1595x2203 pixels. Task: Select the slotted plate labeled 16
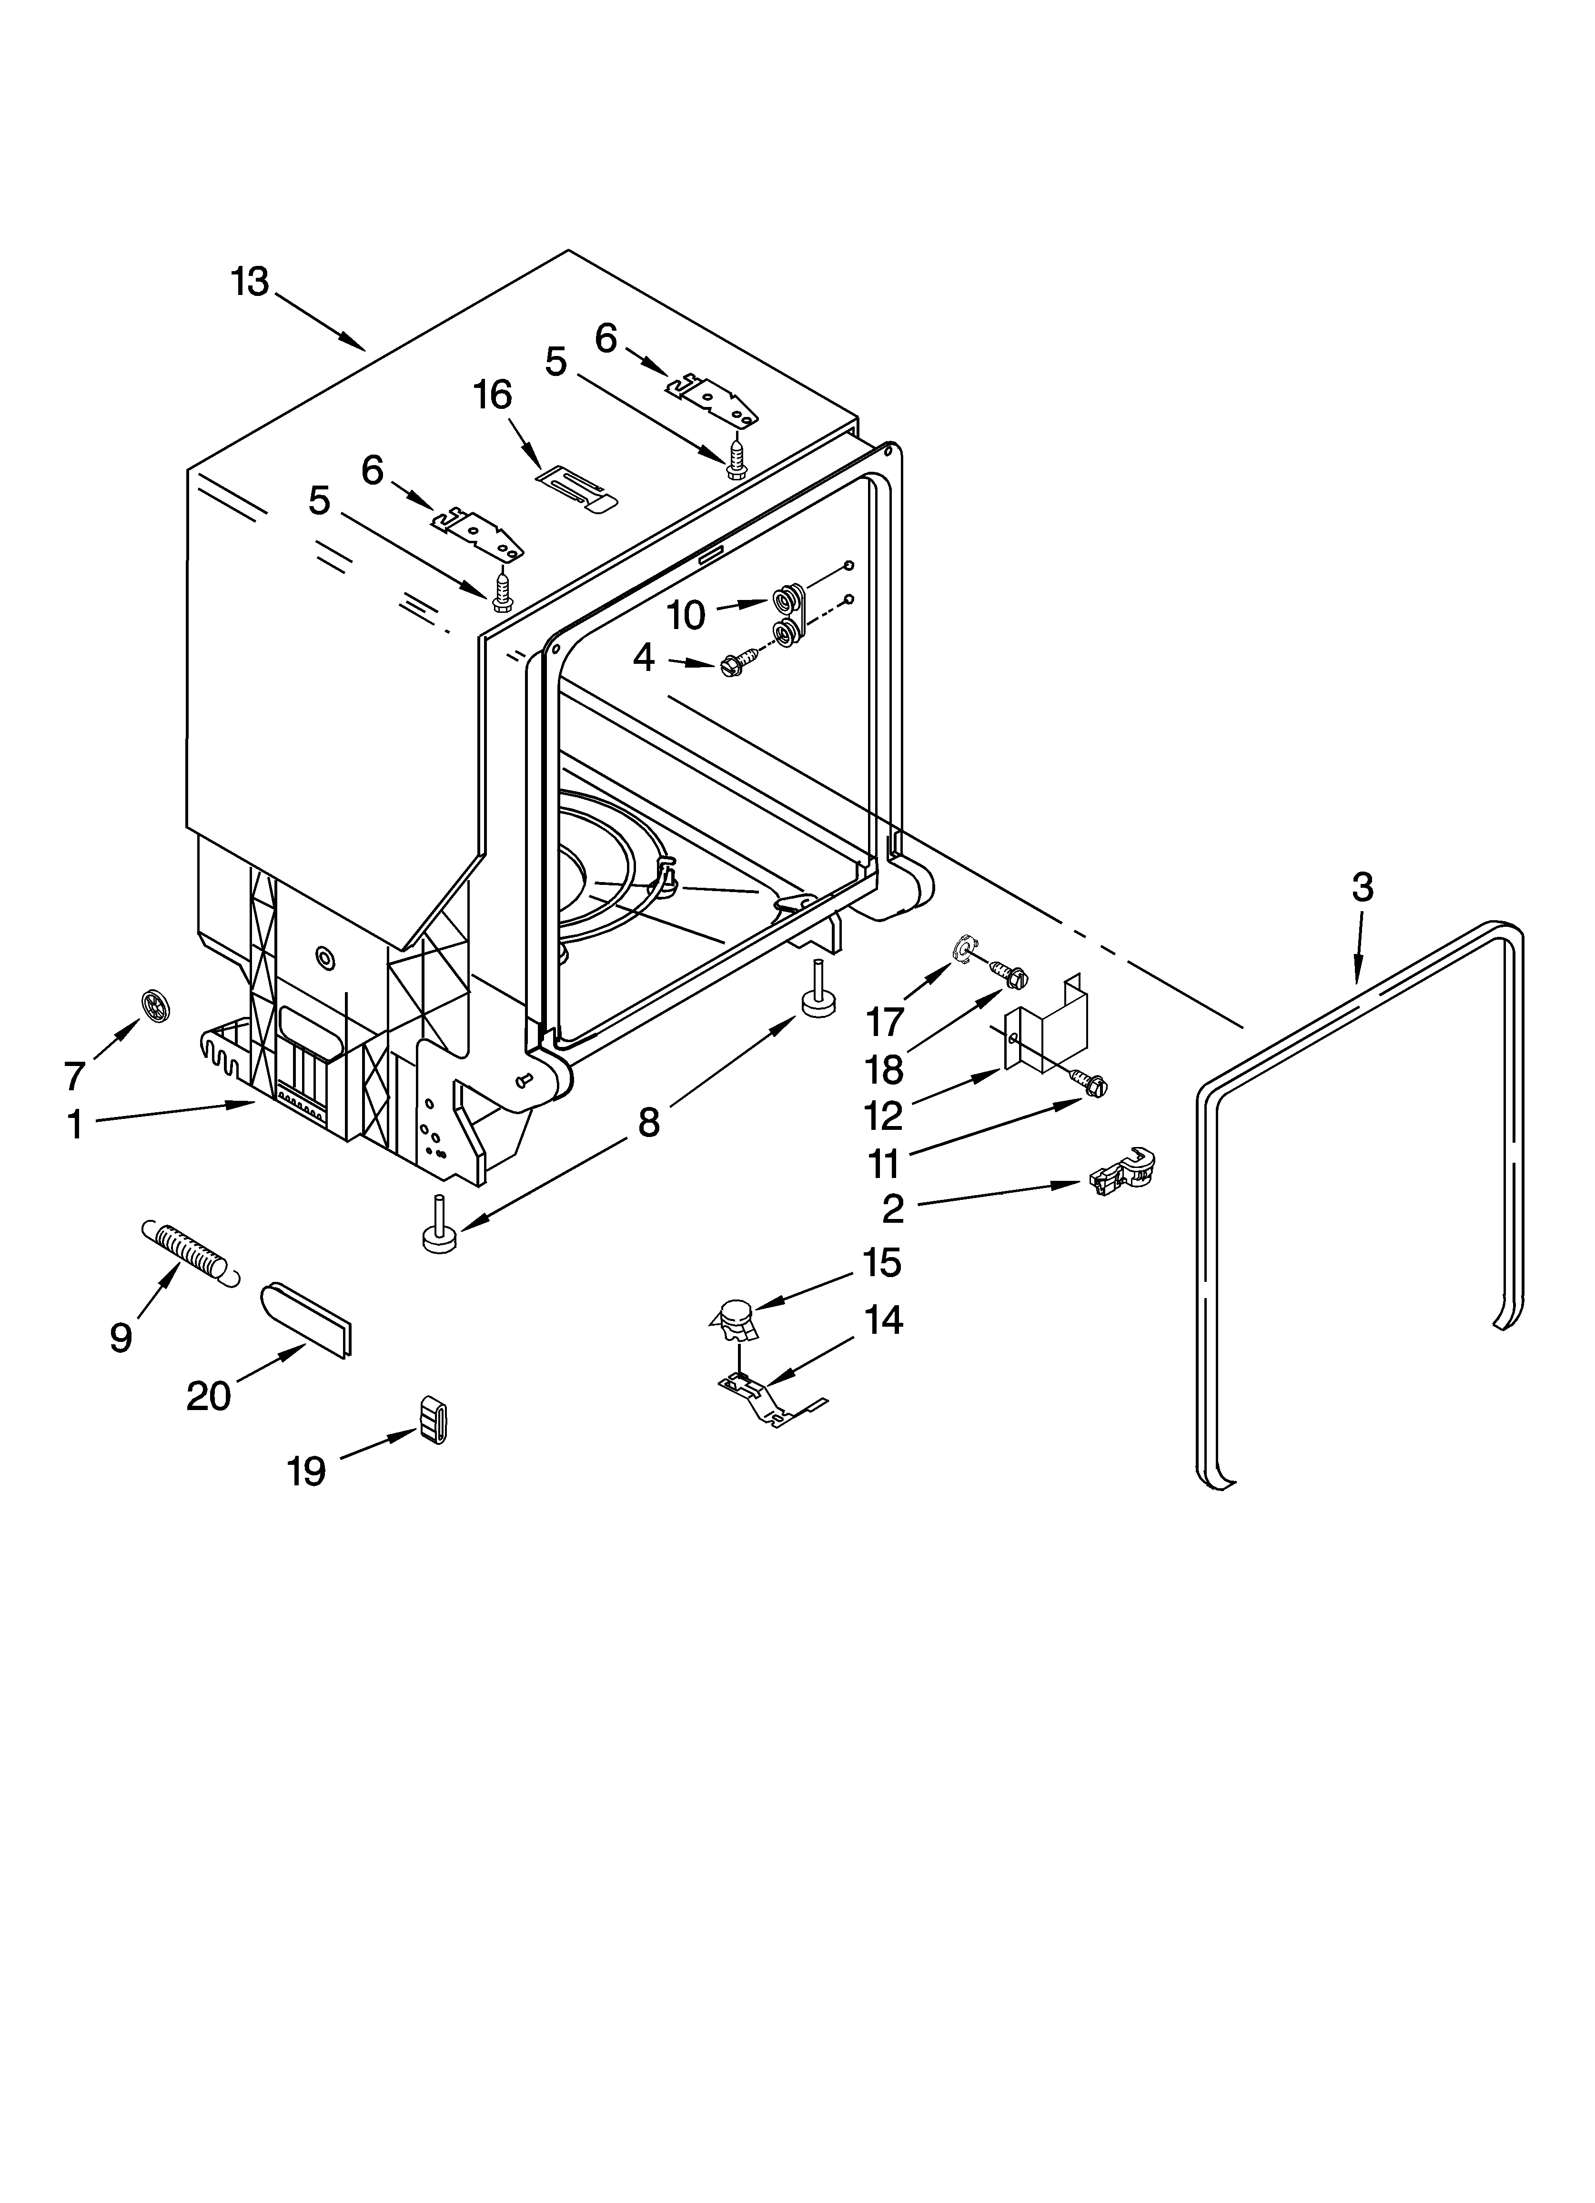[577, 486]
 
